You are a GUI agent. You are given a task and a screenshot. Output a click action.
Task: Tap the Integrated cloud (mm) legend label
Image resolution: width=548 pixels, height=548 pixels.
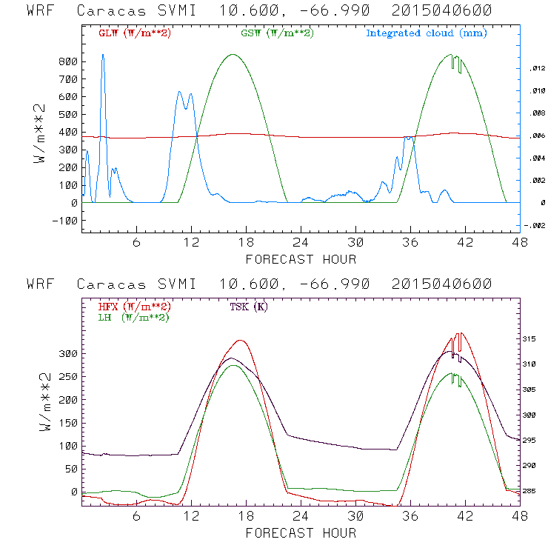pyautogui.click(x=427, y=33)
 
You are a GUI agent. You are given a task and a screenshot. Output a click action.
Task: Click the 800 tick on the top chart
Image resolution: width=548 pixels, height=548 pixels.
pyautogui.click(x=68, y=61)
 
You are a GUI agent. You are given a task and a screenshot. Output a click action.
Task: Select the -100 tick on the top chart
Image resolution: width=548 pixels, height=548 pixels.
pyautogui.click(x=65, y=221)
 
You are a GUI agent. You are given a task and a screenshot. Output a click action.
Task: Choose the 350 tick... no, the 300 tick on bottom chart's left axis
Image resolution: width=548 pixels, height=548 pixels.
pyautogui.click(x=68, y=354)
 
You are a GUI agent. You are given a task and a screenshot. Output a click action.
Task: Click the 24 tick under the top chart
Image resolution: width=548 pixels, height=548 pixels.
pyautogui.click(x=301, y=243)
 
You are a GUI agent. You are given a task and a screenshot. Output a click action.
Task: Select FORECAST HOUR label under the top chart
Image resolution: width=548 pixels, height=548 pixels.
pyautogui.click(x=301, y=259)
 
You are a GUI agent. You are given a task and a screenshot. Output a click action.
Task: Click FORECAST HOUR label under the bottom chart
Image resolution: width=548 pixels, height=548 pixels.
pyautogui.click(x=301, y=532)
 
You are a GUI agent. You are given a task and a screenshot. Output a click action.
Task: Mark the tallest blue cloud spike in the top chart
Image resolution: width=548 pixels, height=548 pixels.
pyautogui.click(x=103, y=55)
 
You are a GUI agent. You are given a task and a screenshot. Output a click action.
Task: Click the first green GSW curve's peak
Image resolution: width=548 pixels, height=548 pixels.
pyautogui.click(x=233, y=54)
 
